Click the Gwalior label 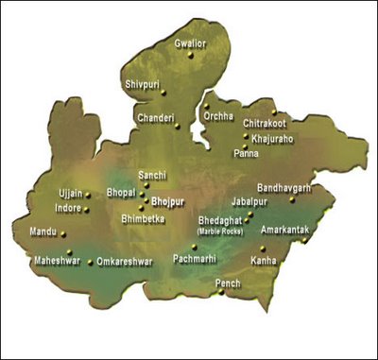[190, 43]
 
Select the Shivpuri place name [143, 84]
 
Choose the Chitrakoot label [264, 123]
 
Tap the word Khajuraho [274, 138]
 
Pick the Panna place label [246, 152]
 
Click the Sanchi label [153, 176]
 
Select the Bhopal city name [122, 192]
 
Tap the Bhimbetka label [144, 217]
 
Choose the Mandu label [43, 231]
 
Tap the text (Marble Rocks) [218, 231]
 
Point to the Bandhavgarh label [283, 188]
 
